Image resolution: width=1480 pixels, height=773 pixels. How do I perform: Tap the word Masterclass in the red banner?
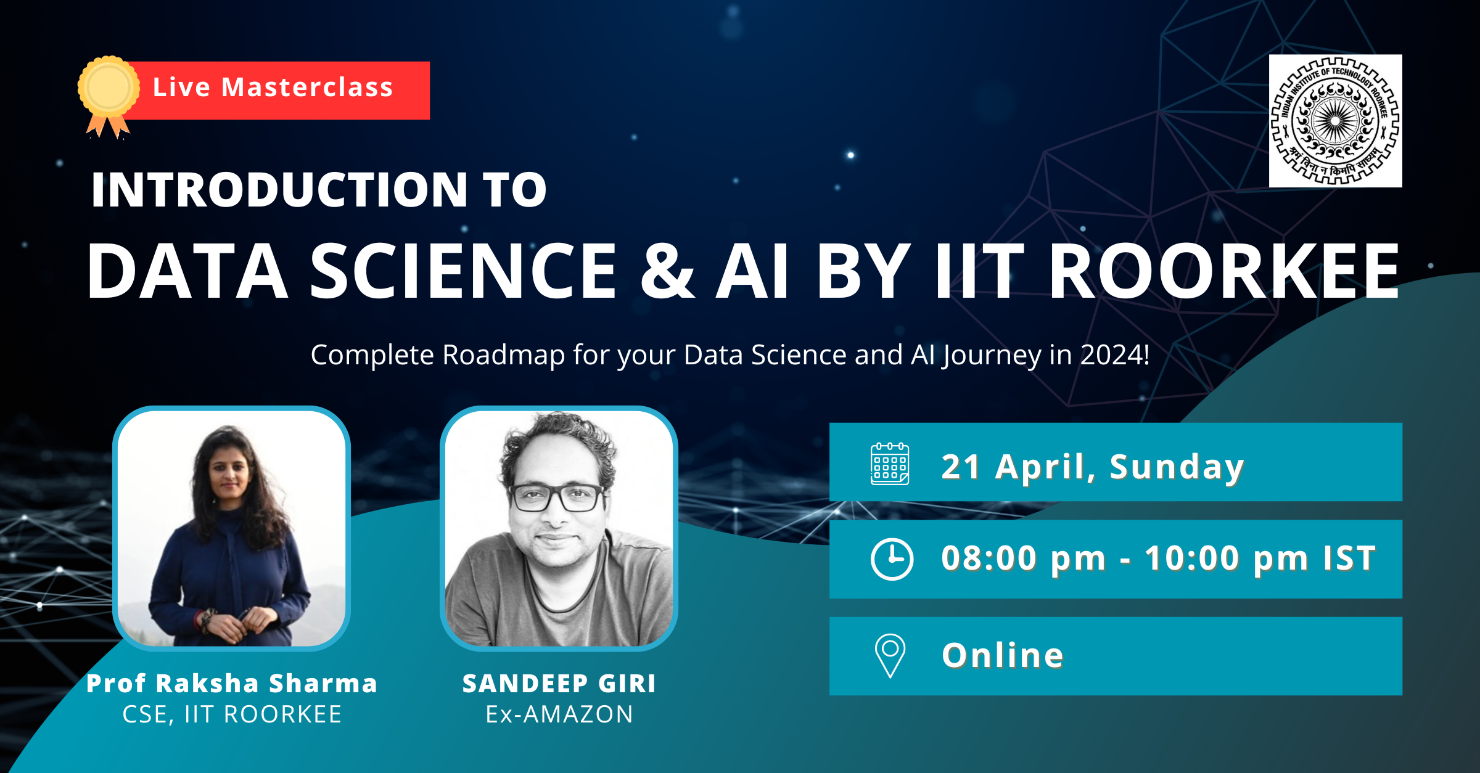[x=307, y=88]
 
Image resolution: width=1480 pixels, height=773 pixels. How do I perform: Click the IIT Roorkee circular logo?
[x=1335, y=121]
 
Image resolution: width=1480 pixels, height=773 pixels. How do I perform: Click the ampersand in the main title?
[x=667, y=271]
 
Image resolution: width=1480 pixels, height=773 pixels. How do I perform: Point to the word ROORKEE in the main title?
[x=1223, y=271]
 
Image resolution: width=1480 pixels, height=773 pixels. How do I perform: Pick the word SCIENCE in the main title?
[x=463, y=271]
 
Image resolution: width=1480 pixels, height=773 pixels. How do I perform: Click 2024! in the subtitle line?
[x=1115, y=355]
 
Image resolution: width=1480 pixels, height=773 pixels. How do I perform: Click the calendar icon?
[x=889, y=464]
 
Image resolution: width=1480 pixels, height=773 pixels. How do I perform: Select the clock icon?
[x=892, y=559]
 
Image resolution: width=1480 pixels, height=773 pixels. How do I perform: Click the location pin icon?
[x=890, y=655]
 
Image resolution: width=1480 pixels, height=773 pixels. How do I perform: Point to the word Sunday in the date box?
[x=1177, y=467]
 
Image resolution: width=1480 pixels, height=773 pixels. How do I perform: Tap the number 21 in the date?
[x=960, y=467]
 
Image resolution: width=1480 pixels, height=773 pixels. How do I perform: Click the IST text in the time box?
[x=1349, y=558]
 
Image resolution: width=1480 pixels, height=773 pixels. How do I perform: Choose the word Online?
[x=1003, y=655]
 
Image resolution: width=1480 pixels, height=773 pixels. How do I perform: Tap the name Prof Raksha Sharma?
[x=232, y=683]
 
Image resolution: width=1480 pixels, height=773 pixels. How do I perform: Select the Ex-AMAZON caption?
[x=559, y=714]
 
